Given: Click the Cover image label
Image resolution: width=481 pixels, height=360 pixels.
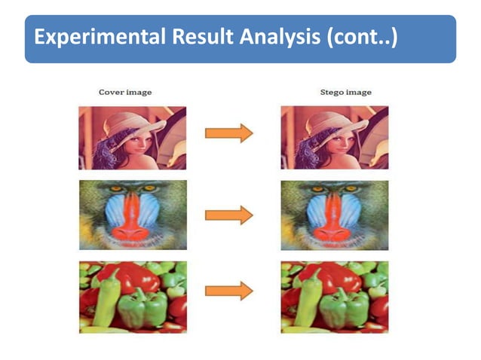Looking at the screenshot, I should click(x=125, y=92).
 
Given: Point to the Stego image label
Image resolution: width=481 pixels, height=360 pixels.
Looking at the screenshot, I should click(x=345, y=92).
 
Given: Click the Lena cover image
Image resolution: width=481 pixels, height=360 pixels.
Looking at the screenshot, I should click(x=133, y=138).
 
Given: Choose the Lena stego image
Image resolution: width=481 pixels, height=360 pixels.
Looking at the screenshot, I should click(x=335, y=138).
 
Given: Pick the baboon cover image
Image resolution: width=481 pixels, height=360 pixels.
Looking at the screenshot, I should click(x=133, y=215).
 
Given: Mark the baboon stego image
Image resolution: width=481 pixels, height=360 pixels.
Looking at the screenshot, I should click(x=335, y=215).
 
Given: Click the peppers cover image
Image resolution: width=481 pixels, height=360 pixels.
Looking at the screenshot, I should click(x=133, y=296).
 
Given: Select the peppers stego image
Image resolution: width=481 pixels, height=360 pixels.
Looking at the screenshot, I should click(x=335, y=296).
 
